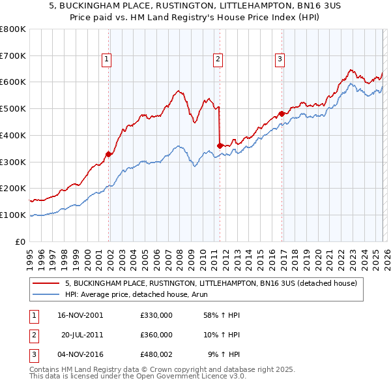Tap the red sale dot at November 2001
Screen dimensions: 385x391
(109, 154)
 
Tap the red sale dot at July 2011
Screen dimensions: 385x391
(220, 146)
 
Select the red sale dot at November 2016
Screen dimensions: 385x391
(282, 114)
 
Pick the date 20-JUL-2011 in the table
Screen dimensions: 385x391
(82, 335)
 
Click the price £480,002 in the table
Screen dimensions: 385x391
(156, 355)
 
